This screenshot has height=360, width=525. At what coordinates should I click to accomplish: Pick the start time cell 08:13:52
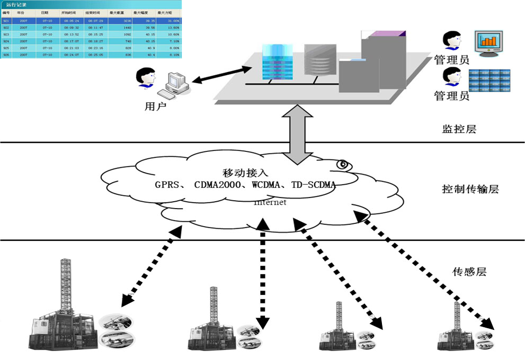[71, 34]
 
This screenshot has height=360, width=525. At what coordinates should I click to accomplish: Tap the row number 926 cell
[6, 55]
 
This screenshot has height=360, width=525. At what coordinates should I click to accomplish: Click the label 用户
[155, 107]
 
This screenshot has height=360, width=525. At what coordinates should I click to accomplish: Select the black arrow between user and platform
[221, 74]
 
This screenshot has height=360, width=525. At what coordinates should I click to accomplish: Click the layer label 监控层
[459, 129]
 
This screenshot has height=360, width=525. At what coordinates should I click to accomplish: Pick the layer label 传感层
[469, 272]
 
